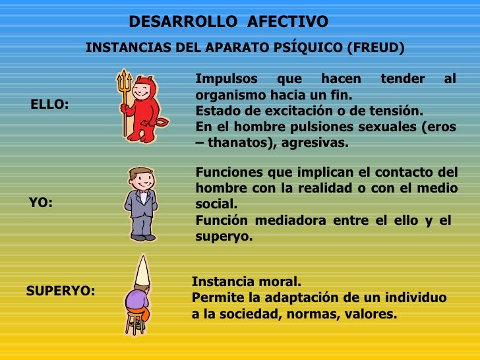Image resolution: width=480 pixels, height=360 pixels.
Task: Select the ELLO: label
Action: point(49,104)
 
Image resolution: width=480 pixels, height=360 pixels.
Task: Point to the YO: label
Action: point(41,203)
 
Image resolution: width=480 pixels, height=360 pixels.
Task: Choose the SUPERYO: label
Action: point(60,290)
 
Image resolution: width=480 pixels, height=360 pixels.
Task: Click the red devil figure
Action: point(143,109)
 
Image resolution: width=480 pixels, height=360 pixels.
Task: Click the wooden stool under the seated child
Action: point(136,322)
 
